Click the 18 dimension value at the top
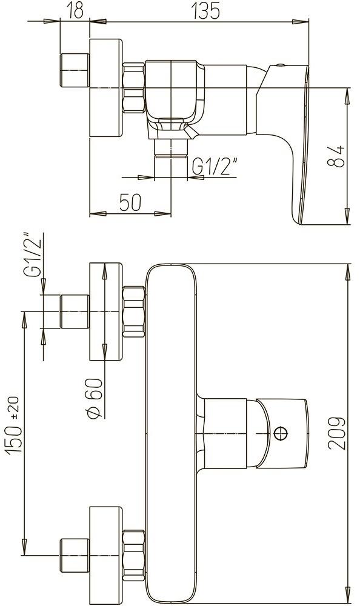75,10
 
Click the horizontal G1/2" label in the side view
215,166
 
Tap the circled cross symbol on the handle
280,433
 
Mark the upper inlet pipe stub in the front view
75,311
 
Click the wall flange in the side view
107,88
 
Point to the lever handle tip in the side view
299,215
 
